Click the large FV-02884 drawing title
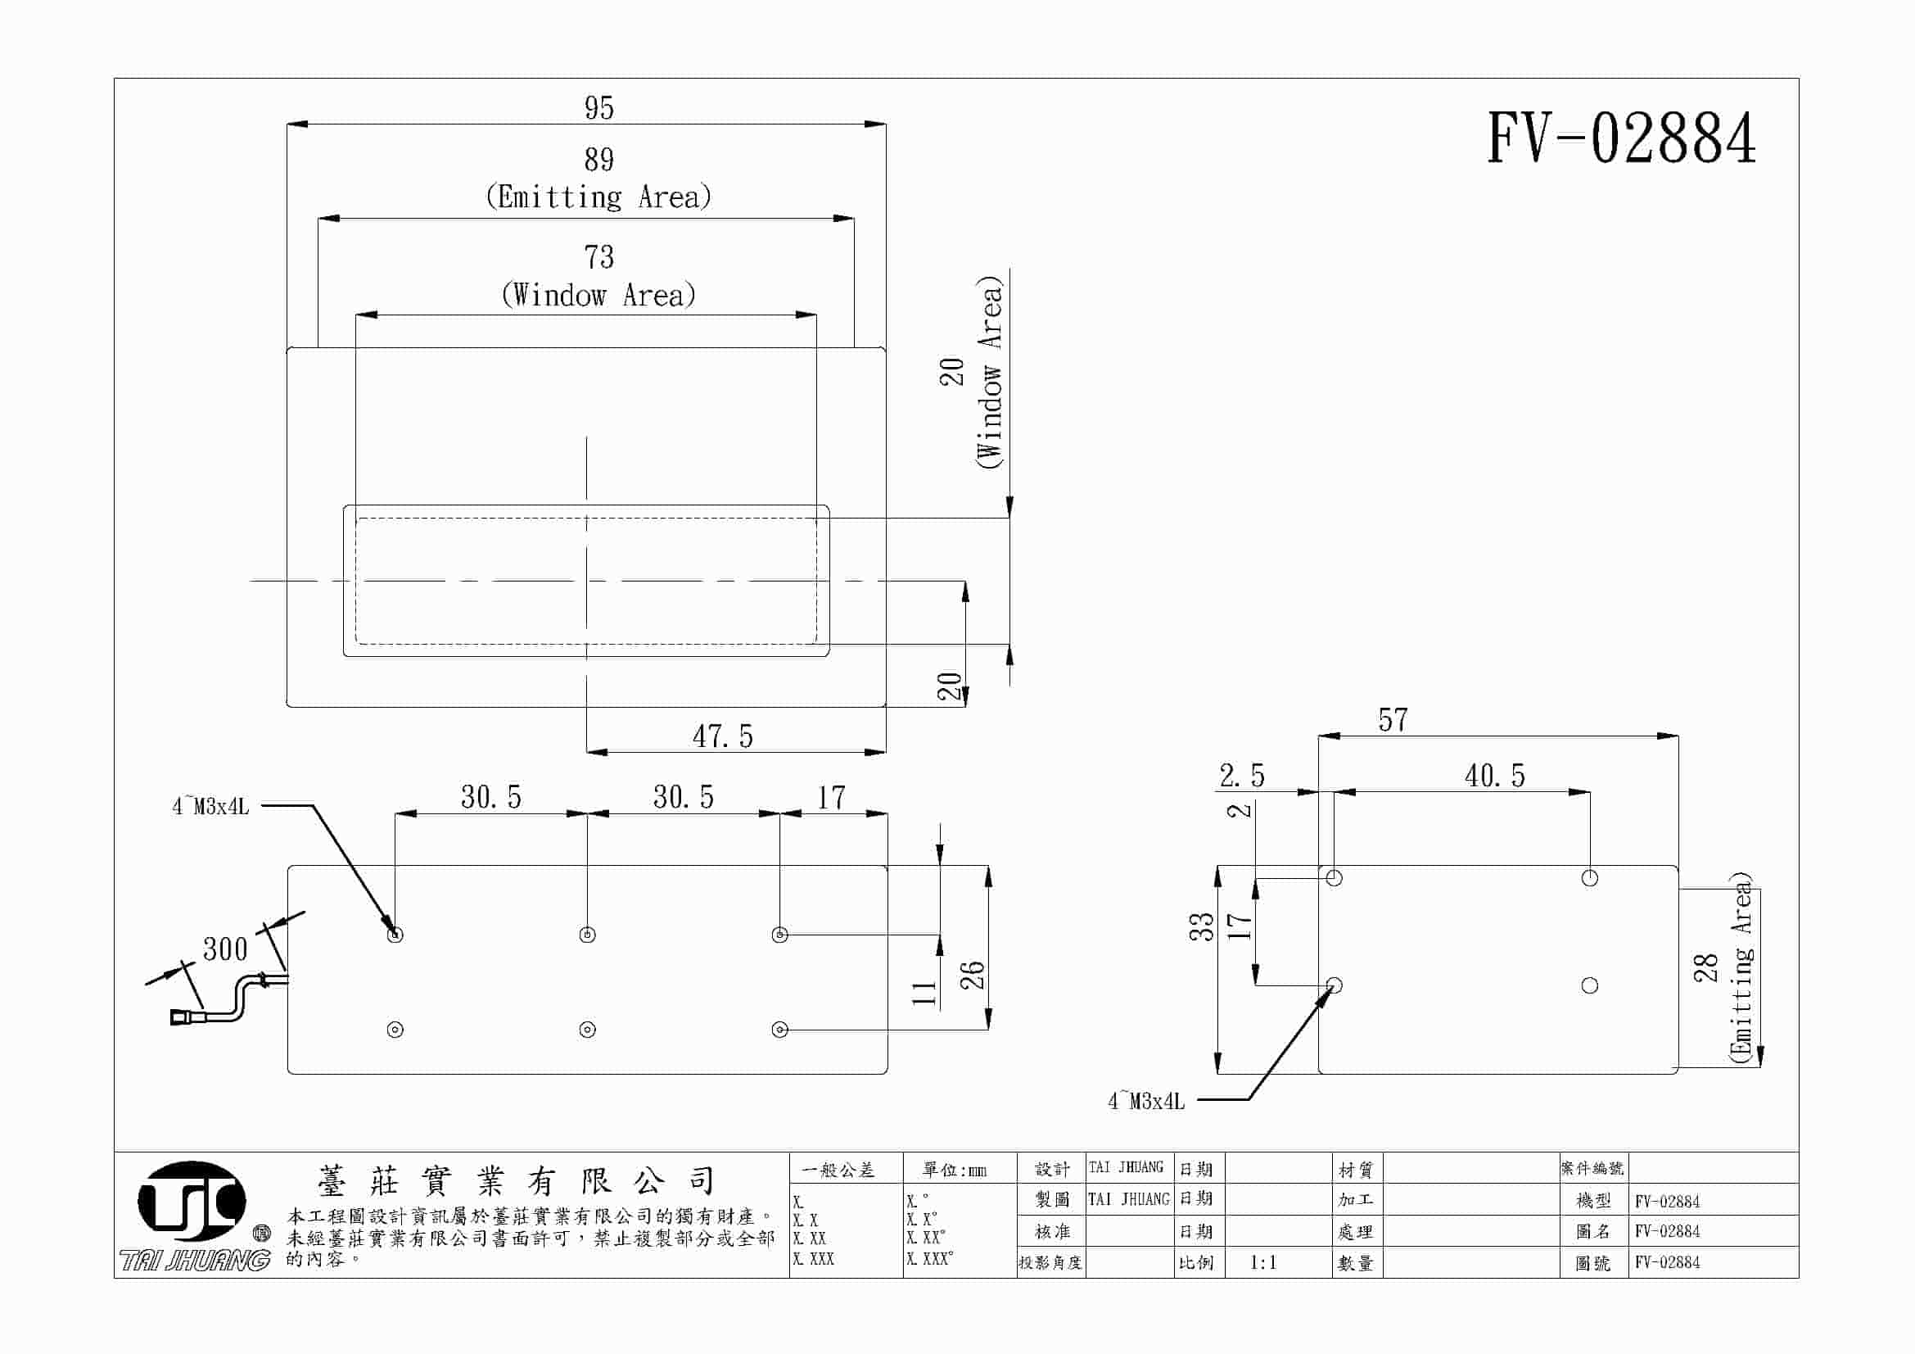pyautogui.click(x=1621, y=138)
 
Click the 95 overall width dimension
pyautogui.click(x=598, y=108)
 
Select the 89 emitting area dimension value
pyautogui.click(x=598, y=160)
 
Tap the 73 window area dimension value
pyautogui.click(x=598, y=257)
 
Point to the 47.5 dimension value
pyautogui.click(x=722, y=736)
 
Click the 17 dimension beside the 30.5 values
pyautogui.click(x=831, y=798)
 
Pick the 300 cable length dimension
pyautogui.click(x=225, y=949)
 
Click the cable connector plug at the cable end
pyautogui.click(x=182, y=1017)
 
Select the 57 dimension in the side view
pyautogui.click(x=1393, y=720)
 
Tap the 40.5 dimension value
pyautogui.click(x=1495, y=776)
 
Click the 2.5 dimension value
pyautogui.click(x=1242, y=776)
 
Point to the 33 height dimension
pyautogui.click(x=1201, y=927)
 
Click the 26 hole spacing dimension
pyautogui.click(x=973, y=975)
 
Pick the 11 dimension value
pyautogui.click(x=924, y=993)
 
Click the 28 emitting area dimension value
pyautogui.click(x=1706, y=967)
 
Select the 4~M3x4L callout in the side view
pyautogui.click(x=1146, y=1101)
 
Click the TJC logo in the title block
pyautogui.click(x=192, y=1201)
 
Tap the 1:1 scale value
pyautogui.click(x=1262, y=1263)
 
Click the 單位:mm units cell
pyautogui.click(x=954, y=1171)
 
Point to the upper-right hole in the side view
pyautogui.click(x=1590, y=877)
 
